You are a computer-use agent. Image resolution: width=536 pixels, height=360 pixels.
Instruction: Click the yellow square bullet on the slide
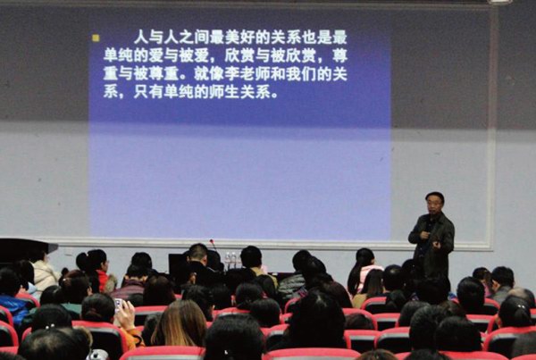click(x=96, y=38)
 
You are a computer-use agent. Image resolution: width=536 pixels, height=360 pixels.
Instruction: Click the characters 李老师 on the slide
click(x=247, y=74)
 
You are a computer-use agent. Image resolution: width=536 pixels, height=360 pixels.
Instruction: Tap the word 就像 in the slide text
click(x=209, y=74)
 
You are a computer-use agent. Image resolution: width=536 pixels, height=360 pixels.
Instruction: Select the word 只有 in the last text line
click(x=148, y=92)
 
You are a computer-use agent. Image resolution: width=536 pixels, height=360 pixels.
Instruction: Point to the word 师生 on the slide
click(x=224, y=92)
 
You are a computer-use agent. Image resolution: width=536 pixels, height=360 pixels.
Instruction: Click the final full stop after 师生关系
click(x=274, y=96)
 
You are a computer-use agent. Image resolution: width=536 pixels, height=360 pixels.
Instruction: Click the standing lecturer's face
click(x=434, y=205)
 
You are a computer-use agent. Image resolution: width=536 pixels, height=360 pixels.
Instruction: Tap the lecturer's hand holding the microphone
click(x=424, y=235)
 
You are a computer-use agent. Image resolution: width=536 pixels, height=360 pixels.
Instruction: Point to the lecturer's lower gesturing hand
click(x=437, y=245)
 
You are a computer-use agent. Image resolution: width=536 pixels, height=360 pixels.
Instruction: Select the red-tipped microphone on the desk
click(x=213, y=245)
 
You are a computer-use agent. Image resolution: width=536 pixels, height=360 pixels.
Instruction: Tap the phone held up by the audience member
click(x=118, y=305)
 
